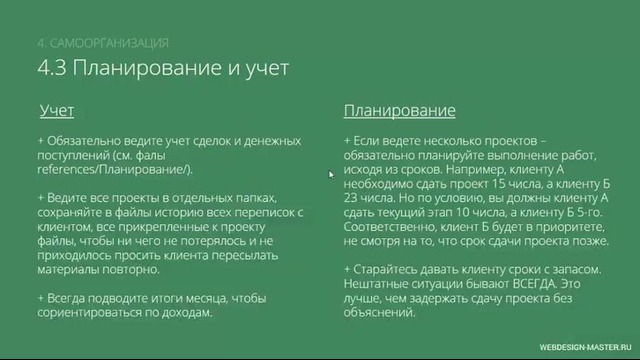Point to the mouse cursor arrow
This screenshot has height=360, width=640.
(x=332, y=174)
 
